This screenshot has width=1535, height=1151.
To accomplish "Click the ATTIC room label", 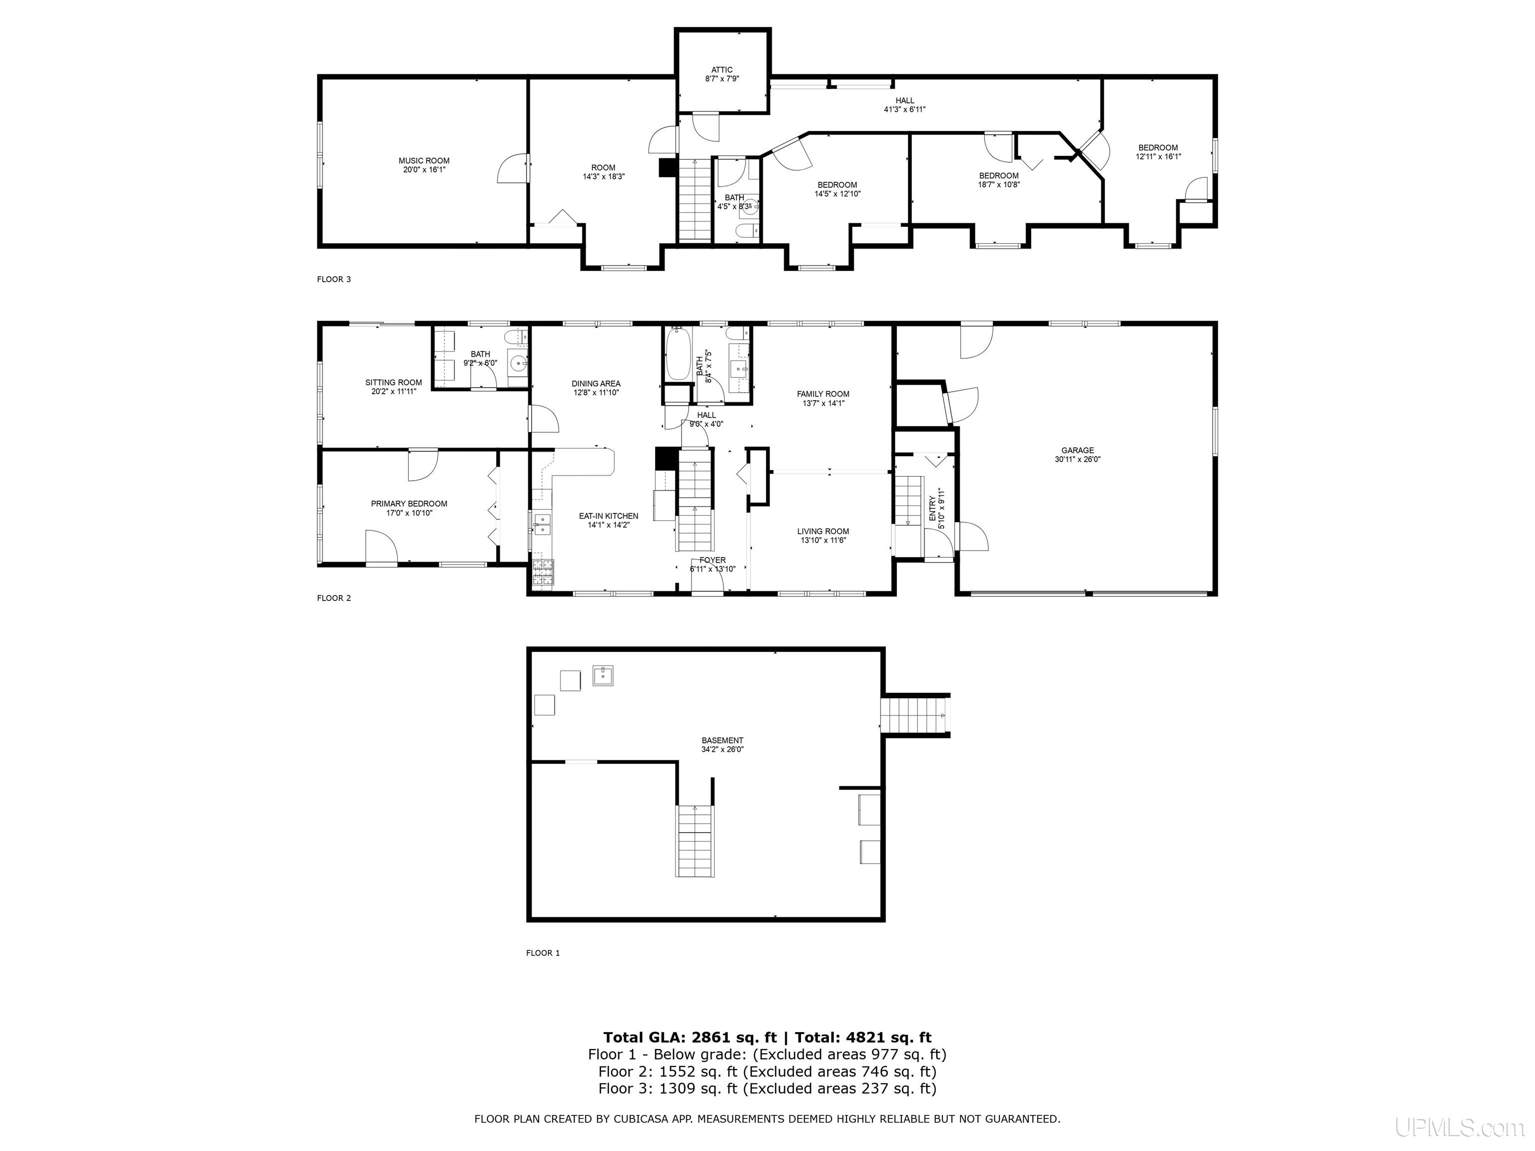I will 722,70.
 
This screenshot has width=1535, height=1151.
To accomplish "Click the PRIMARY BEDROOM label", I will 409,504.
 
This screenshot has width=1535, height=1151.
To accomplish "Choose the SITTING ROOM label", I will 393,382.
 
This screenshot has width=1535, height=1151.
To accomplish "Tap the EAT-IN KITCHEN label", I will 609,516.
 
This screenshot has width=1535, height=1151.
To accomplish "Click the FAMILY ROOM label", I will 823,394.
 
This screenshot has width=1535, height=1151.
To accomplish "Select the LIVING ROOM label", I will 823,532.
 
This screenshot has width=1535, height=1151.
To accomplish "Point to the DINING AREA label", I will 596,384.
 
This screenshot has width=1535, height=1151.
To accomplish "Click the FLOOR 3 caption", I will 334,280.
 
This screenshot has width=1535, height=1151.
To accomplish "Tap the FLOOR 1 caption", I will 543,953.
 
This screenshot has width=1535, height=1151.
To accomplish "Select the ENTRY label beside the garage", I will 932,509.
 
